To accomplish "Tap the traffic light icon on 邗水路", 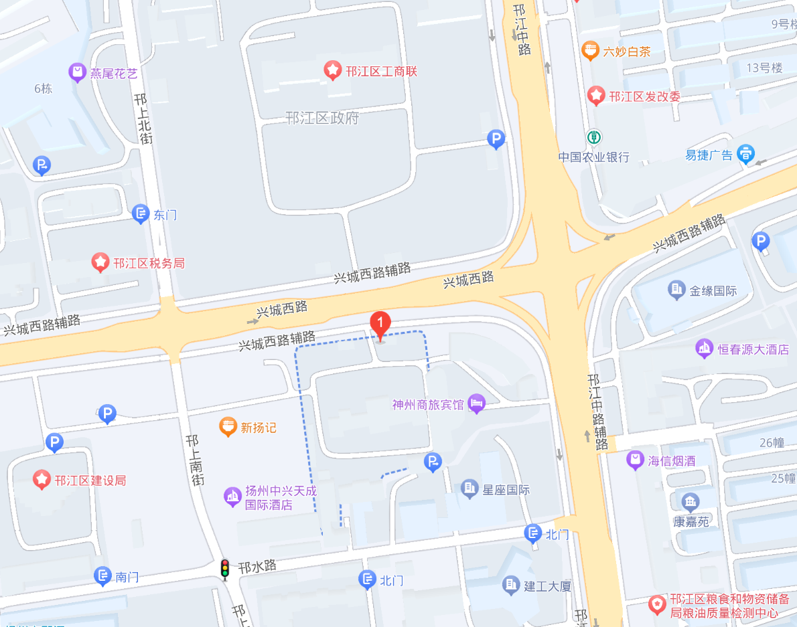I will click(x=225, y=568).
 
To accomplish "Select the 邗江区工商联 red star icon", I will click(x=332, y=70).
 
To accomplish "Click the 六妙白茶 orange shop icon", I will click(x=590, y=50).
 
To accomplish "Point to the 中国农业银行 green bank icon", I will click(x=593, y=137).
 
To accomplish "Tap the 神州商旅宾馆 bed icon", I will click(x=477, y=404).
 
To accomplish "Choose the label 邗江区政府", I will click(x=322, y=118).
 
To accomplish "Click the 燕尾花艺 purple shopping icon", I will click(x=78, y=72).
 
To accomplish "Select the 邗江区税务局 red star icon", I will click(x=100, y=262).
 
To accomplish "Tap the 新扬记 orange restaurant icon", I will click(x=228, y=426).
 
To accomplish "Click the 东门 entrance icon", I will click(x=141, y=214).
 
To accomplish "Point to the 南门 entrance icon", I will click(x=102, y=575).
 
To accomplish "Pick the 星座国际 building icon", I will click(x=469, y=489).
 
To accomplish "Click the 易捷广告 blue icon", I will click(x=745, y=154).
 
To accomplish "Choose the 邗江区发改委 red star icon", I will click(x=596, y=96).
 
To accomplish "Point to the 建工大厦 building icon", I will click(x=511, y=586).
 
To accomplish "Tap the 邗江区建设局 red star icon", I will click(x=42, y=479).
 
